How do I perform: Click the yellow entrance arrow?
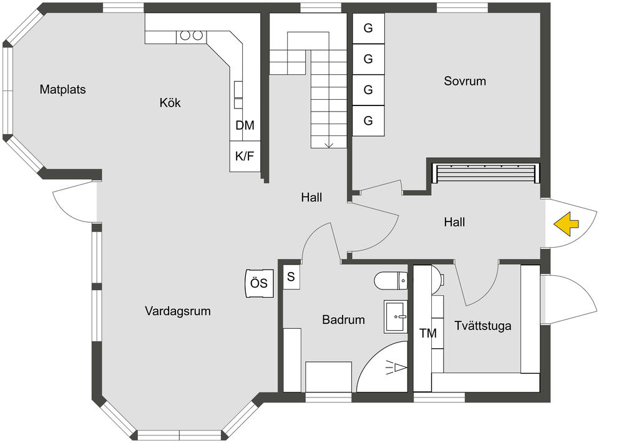pyautogui.click(x=565, y=225)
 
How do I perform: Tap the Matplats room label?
pyautogui.click(x=63, y=89)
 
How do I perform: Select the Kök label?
pyautogui.click(x=170, y=103)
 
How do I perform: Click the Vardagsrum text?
pyautogui.click(x=178, y=311)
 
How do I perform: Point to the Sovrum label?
pyautogui.click(x=465, y=81)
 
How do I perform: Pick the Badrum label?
pyautogui.click(x=343, y=319)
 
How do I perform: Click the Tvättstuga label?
pyautogui.click(x=482, y=326)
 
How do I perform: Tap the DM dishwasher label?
pyautogui.click(x=245, y=125)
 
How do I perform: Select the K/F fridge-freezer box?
pyautogui.click(x=245, y=156)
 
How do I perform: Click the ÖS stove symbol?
pyautogui.click(x=259, y=283)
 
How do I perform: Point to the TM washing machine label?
pyautogui.click(x=428, y=333)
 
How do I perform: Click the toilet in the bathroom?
pyautogui.click(x=391, y=281)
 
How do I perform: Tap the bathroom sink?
pyautogui.click(x=395, y=317)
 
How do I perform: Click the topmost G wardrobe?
pyautogui.click(x=368, y=29)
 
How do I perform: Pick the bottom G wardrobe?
pyautogui.click(x=368, y=120)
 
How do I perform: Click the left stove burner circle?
pyautogui.click(x=185, y=36)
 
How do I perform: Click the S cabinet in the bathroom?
pyautogui.click(x=291, y=277)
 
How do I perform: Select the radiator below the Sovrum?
pyautogui.click(x=485, y=173)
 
